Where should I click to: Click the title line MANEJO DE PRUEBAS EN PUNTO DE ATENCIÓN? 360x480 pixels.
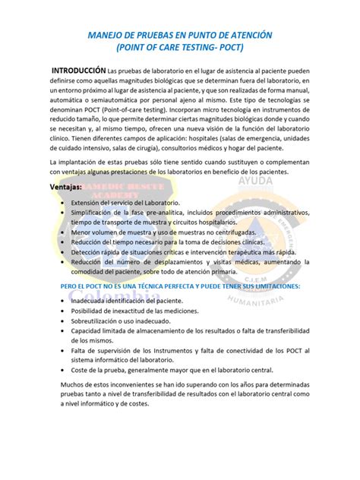tap(180, 36)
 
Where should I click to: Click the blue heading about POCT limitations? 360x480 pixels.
tap(181, 286)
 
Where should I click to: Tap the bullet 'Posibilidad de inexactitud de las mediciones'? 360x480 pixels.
tap(145, 314)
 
